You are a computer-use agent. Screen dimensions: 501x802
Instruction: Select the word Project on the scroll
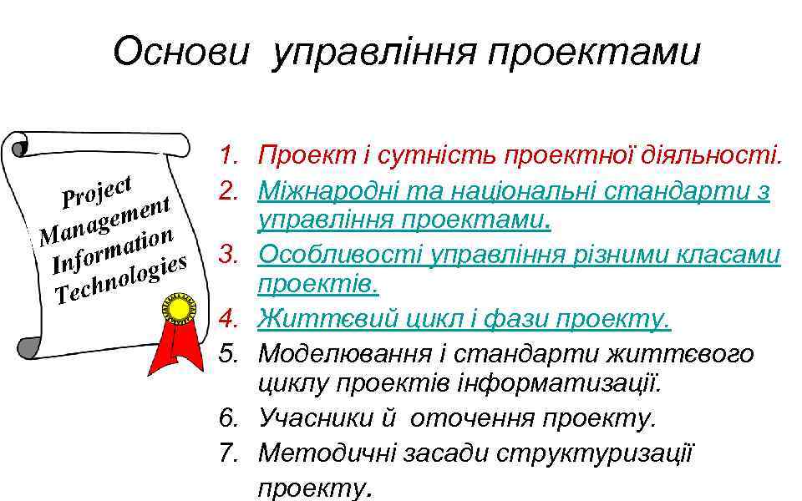click(99, 188)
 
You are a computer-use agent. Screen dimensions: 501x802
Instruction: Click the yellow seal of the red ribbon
click(178, 311)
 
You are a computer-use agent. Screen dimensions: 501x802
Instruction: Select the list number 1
click(229, 155)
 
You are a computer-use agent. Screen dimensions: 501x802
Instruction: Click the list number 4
click(229, 319)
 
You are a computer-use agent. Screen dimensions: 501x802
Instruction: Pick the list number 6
click(229, 417)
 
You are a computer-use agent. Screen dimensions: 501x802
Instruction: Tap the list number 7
click(229, 453)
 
